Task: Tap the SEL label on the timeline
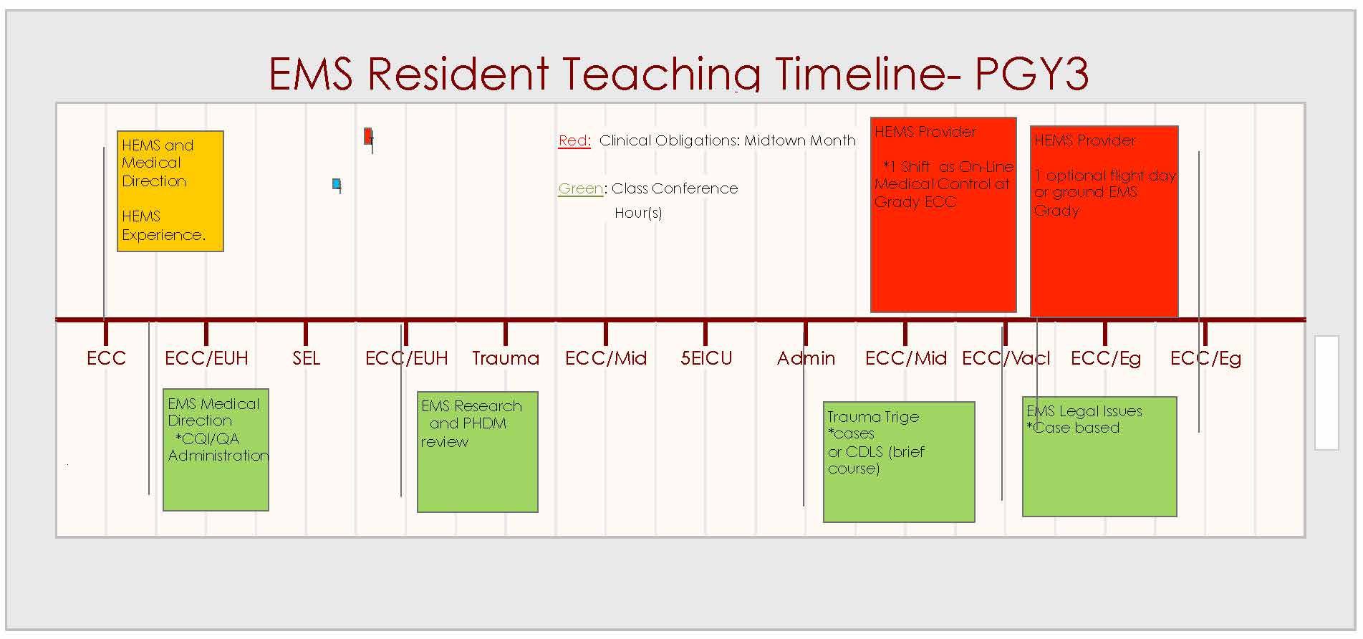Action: pos(306,358)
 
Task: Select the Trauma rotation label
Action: pos(506,358)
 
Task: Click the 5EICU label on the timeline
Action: pos(706,358)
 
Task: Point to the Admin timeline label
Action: pos(806,358)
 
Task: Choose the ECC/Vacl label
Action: pos(1006,358)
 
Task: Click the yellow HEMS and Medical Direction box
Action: pos(170,191)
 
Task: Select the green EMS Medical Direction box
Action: pos(216,450)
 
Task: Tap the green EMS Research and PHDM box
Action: pos(478,452)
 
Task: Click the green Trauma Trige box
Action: pos(899,462)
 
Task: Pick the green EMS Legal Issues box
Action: pos(1099,456)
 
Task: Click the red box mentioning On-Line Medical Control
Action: pos(943,215)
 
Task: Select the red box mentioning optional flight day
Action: pos(1104,221)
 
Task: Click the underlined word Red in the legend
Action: pos(574,140)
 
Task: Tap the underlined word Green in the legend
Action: pos(581,188)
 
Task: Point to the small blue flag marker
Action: pos(337,184)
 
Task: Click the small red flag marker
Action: pos(368,136)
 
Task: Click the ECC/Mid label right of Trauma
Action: pos(606,358)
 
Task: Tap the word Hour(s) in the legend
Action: pos(638,213)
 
